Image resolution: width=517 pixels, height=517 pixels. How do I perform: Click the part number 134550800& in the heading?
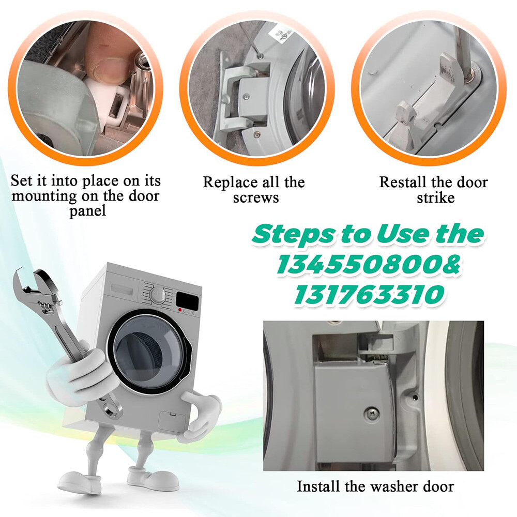[368, 265]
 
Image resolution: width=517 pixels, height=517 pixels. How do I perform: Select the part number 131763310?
[369, 294]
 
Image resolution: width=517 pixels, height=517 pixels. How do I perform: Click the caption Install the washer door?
[375, 486]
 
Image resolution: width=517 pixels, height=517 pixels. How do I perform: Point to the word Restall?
[403, 183]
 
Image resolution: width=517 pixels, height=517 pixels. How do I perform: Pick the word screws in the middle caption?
[256, 198]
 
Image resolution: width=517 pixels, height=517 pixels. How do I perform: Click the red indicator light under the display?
[180, 310]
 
